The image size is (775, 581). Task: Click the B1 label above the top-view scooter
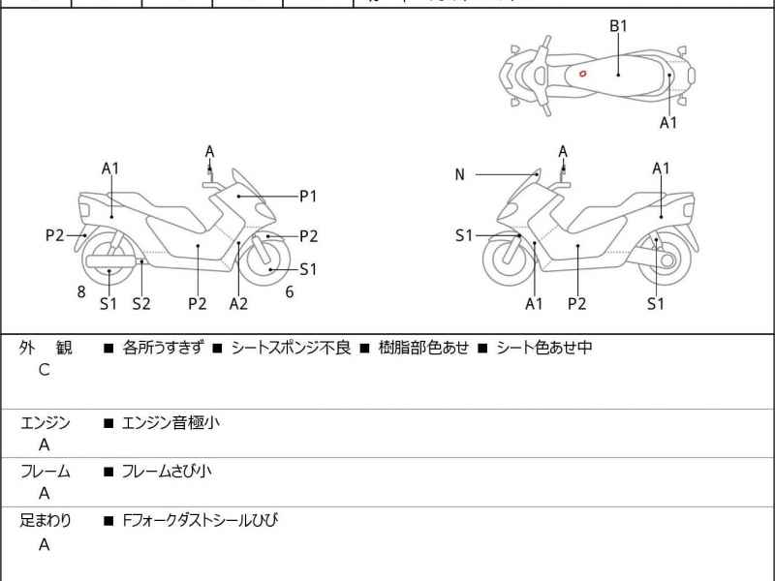point(618,26)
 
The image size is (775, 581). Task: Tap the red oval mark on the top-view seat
point(582,73)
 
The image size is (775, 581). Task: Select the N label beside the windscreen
point(460,174)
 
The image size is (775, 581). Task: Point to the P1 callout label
point(308,196)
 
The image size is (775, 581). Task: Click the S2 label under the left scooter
point(141,303)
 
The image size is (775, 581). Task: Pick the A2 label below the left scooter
point(238,303)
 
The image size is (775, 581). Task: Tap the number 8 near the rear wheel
point(81,290)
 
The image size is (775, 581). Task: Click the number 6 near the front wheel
point(289,290)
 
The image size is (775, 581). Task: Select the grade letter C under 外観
point(44,370)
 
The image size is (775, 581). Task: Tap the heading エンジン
point(46,422)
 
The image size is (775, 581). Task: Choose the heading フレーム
point(46,472)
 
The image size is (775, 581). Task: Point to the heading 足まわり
point(46,521)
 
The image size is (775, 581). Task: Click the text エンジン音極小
point(170,422)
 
